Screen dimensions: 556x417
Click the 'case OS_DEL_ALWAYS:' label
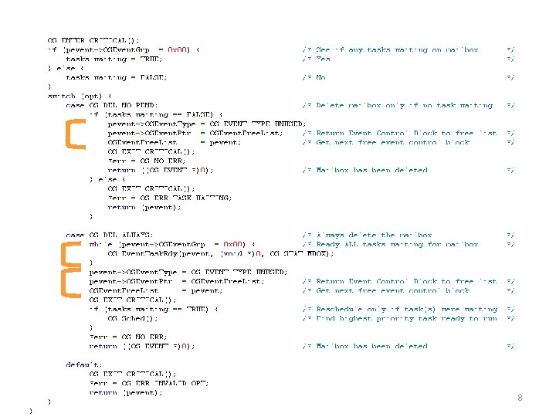[110, 235]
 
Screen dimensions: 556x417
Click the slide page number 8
[520, 398]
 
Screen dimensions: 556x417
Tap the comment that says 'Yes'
[324, 59]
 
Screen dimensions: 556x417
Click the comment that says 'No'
[320, 77]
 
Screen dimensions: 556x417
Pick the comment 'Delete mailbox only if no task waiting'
[404, 106]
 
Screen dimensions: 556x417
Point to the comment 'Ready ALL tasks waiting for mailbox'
[397, 245]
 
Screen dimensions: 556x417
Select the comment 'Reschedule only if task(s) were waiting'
[406, 309]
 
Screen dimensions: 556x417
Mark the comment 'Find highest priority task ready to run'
[406, 318]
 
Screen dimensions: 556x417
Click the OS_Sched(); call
[133, 318]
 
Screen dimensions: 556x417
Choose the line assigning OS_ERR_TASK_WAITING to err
[169, 198]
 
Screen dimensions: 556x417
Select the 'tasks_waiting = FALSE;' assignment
[116, 77]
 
